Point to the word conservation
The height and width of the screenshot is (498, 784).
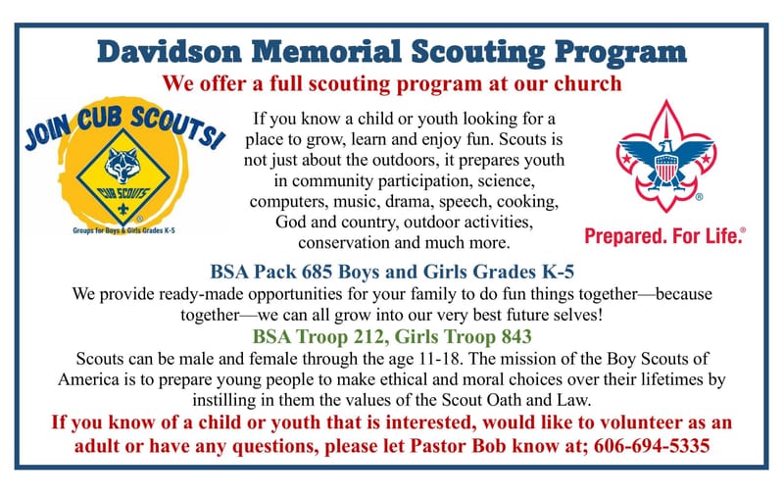coord(351,241)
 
